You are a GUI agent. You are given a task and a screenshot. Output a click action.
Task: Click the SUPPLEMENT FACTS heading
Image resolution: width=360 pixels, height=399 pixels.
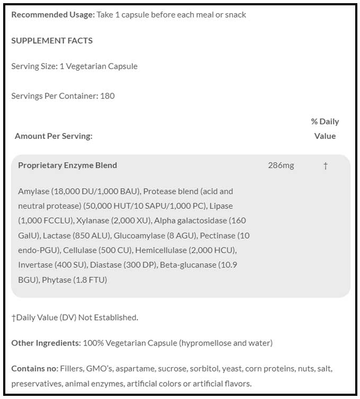pyautogui.click(x=52, y=40)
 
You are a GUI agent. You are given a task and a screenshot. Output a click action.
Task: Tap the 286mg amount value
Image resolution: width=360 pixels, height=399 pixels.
pyautogui.click(x=281, y=165)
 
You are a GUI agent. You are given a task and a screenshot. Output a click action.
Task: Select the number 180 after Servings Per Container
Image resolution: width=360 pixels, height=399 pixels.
pyautogui.click(x=108, y=96)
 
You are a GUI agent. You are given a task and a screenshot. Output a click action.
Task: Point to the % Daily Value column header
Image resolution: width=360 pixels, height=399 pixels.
pyautogui.click(x=325, y=129)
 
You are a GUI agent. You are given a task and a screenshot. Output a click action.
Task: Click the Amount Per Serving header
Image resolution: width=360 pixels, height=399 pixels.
pyautogui.click(x=54, y=136)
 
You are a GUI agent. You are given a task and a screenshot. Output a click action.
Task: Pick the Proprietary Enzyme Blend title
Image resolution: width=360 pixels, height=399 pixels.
pyautogui.click(x=67, y=165)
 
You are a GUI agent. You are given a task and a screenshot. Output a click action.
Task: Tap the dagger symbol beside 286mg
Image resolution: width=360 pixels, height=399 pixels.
pyautogui.click(x=326, y=166)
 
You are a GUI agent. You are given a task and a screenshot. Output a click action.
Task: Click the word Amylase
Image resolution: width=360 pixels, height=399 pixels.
pyautogui.click(x=33, y=191)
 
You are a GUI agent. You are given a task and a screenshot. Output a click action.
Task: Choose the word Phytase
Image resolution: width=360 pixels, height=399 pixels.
pyautogui.click(x=56, y=280)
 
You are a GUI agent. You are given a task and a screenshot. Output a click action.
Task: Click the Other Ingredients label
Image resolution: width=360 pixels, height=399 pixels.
pyautogui.click(x=46, y=343)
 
